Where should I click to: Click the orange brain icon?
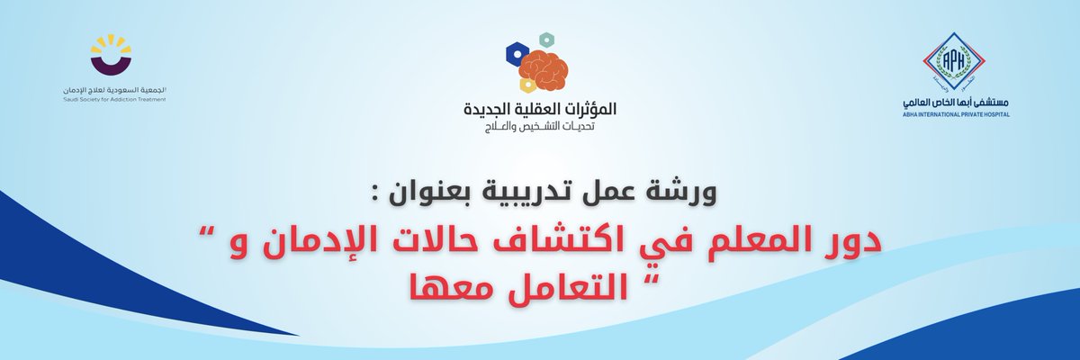pyautogui.click(x=544, y=68)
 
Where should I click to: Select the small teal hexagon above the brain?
pyautogui.click(x=544, y=39)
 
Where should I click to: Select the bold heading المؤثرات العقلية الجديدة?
pyautogui.click(x=538, y=110)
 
